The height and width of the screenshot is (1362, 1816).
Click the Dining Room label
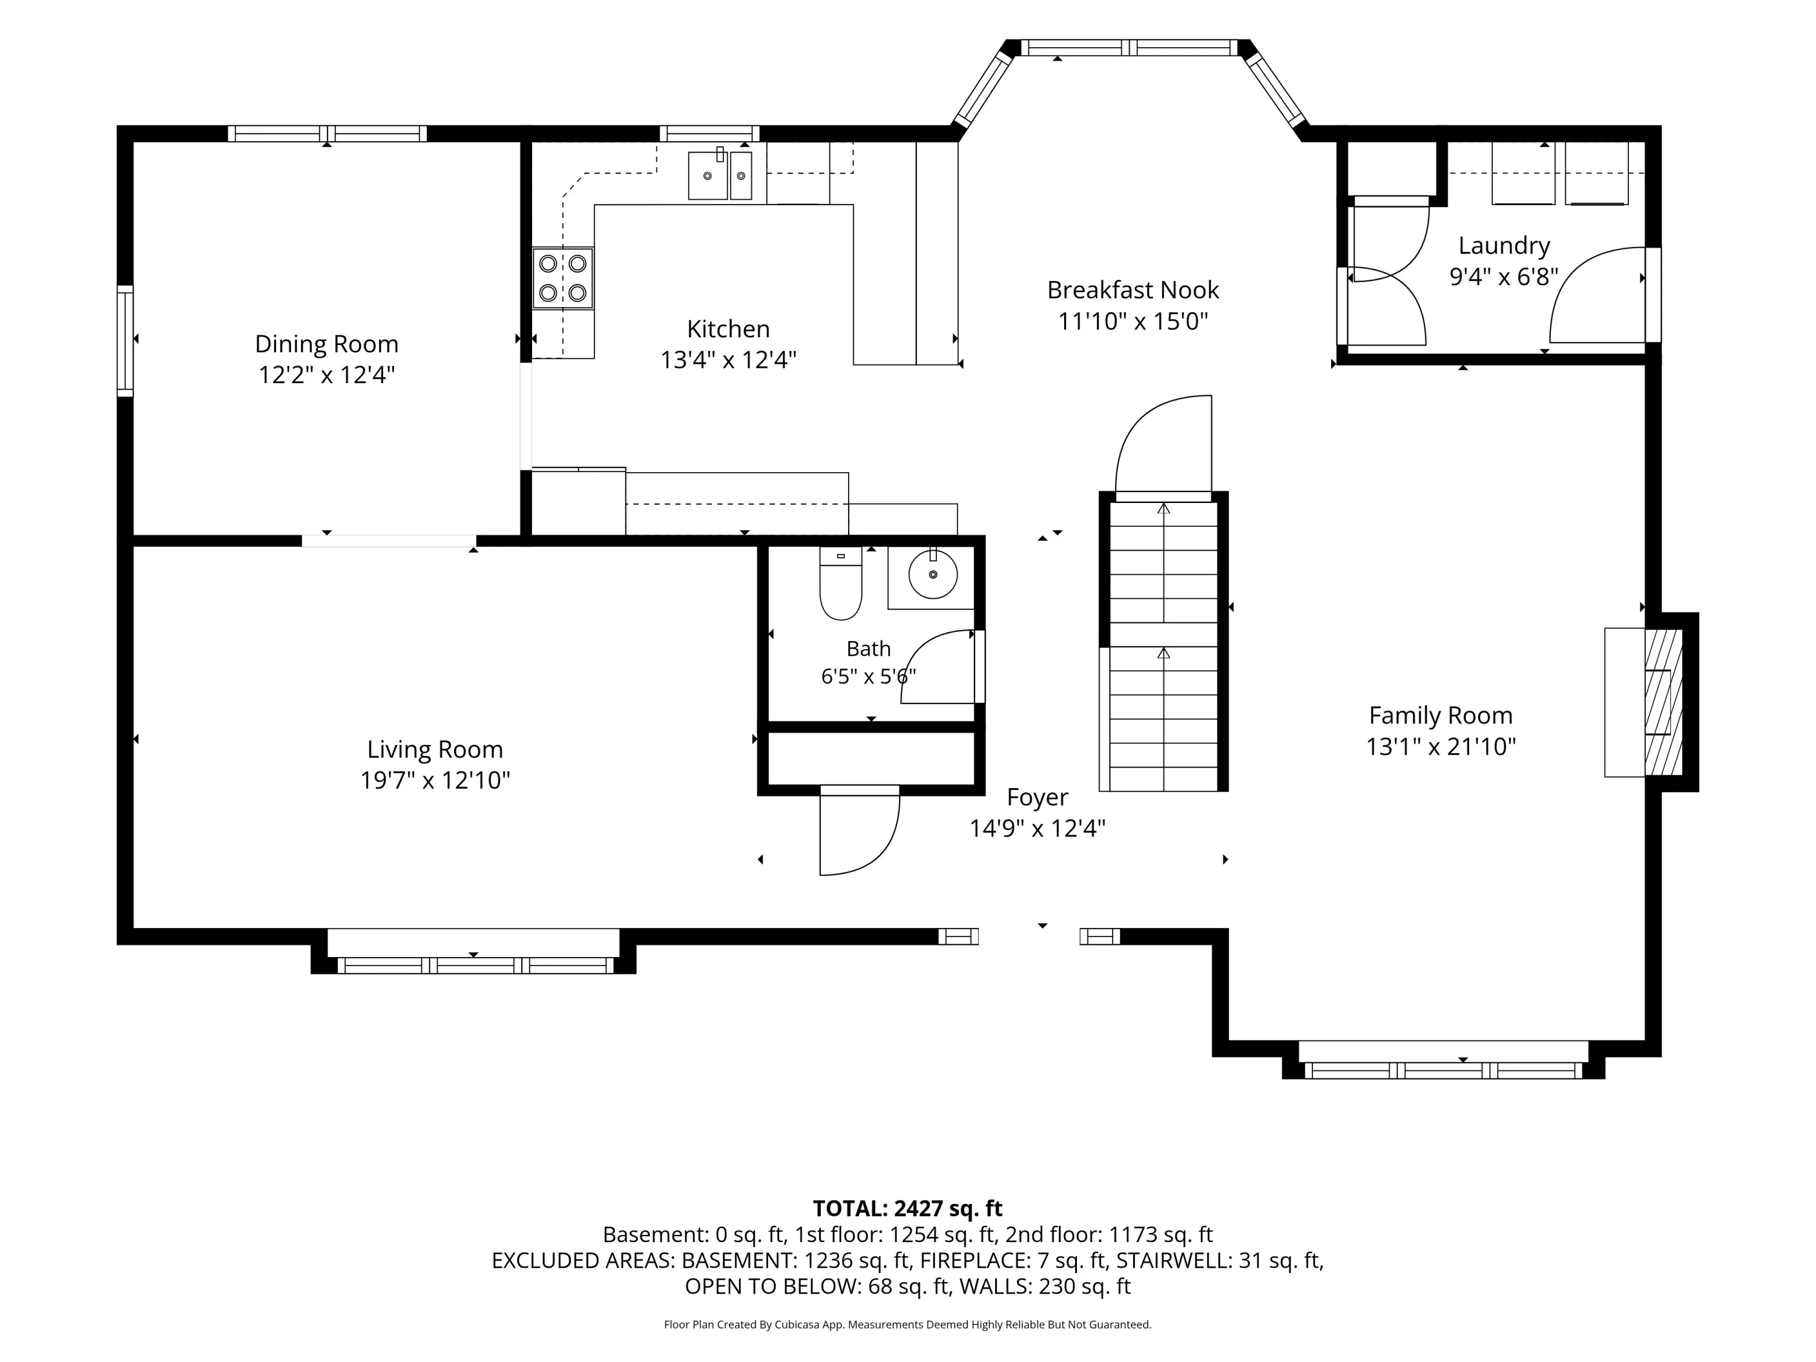pos(327,344)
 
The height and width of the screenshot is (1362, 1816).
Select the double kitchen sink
pos(719,174)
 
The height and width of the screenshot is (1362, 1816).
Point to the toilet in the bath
pos(841,583)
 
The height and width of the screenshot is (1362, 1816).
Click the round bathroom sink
pos(933,574)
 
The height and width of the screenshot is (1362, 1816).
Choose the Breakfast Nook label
pos(1133,290)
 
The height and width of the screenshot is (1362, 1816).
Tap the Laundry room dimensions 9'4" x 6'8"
pos(1504,277)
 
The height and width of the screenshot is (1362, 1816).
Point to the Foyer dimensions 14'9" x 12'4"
pos(1038,828)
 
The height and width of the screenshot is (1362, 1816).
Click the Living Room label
pos(435,749)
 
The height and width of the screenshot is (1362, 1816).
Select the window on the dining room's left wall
pos(125,341)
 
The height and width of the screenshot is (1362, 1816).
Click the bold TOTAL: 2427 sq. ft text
pos(907,1208)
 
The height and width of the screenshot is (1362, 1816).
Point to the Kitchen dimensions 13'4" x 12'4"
pos(729,360)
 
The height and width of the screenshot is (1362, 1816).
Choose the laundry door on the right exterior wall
pos(1601,295)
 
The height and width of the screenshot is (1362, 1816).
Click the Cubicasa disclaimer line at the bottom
pos(907,1324)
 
